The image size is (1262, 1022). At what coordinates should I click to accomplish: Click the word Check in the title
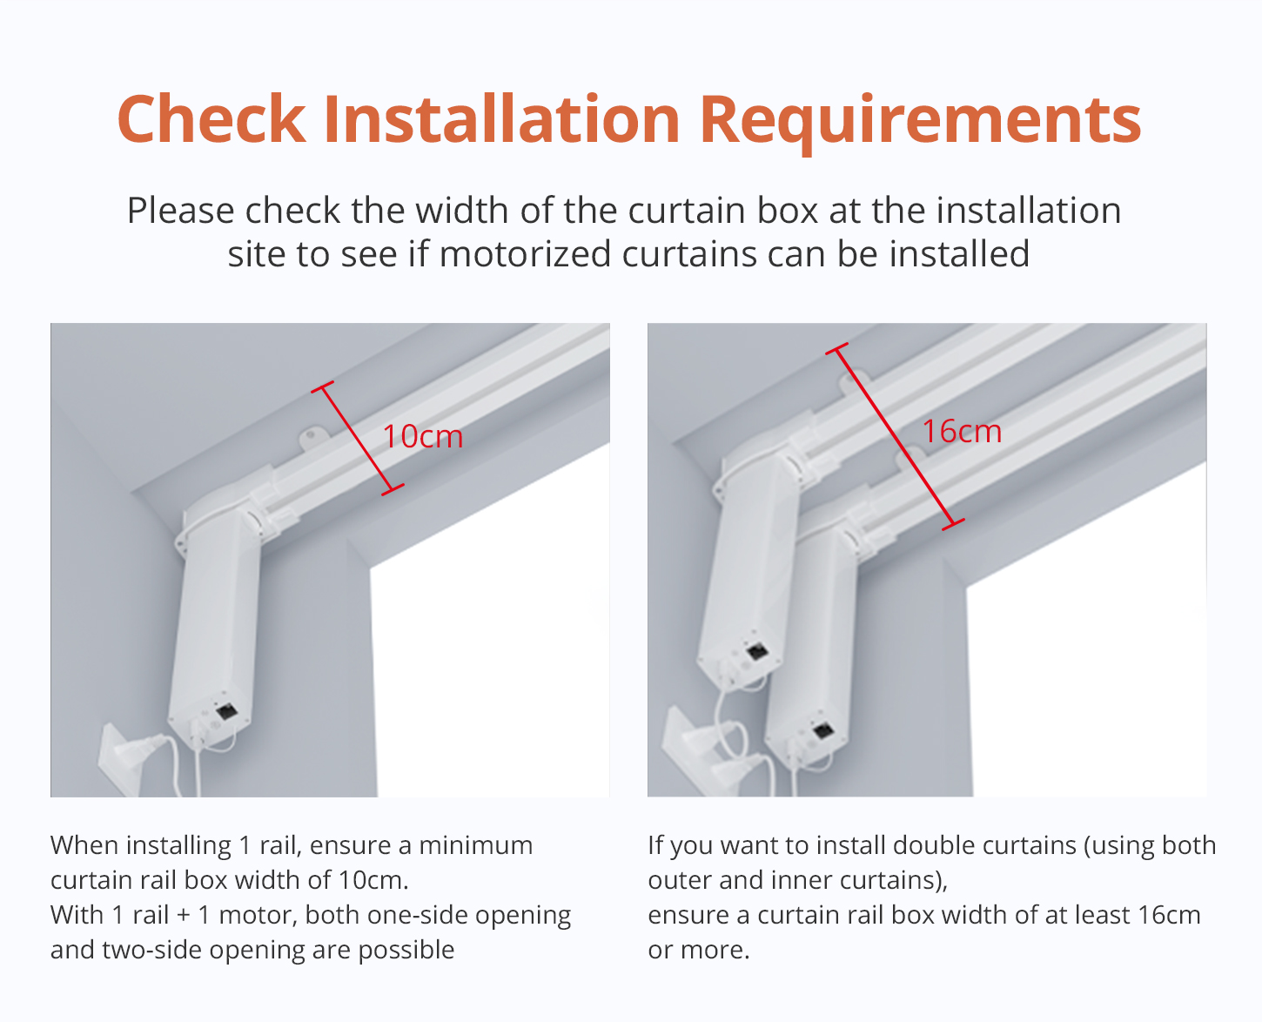click(x=211, y=119)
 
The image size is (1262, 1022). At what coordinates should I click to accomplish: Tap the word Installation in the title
click(x=501, y=118)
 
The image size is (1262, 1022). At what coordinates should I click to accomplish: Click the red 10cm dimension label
click(x=423, y=437)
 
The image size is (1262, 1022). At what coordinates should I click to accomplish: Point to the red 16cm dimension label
click(x=963, y=431)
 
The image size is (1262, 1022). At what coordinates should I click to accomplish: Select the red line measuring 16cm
click(x=896, y=436)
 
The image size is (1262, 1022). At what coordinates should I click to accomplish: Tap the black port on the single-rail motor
click(x=227, y=711)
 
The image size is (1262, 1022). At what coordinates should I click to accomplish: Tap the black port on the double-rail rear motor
click(x=758, y=652)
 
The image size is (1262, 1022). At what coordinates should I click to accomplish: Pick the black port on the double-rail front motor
click(x=823, y=730)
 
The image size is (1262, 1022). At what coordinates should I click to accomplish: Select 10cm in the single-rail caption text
click(x=373, y=880)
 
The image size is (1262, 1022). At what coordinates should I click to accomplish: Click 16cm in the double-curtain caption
click(x=1168, y=915)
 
